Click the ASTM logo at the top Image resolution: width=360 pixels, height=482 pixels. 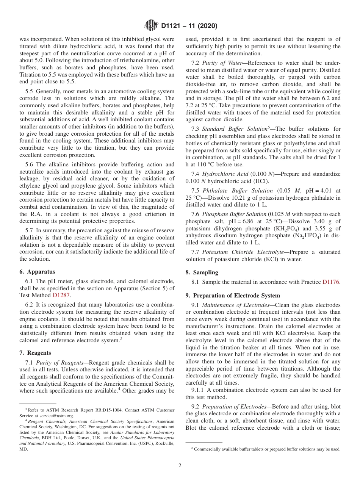[x=152, y=26]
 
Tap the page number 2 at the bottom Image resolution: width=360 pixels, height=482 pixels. [x=180, y=466]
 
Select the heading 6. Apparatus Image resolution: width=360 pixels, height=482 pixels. [x=37, y=272]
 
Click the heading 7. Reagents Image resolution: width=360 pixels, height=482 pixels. [x=35, y=353]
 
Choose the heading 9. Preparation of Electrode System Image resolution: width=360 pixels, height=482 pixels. [x=233, y=296]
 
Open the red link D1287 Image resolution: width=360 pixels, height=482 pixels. [x=61, y=295]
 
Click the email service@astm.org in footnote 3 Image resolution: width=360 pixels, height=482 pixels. [x=52, y=415]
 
